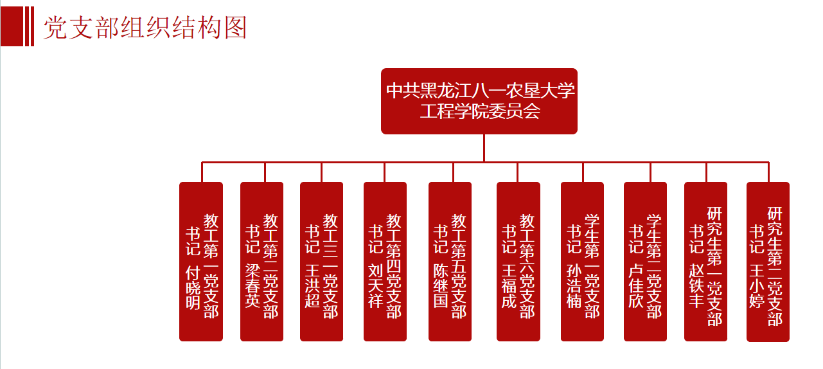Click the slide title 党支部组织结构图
pyautogui.click(x=145, y=28)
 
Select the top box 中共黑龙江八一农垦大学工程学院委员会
pyautogui.click(x=479, y=101)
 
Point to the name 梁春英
pyautogui.click(x=252, y=285)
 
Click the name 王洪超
pyautogui.click(x=312, y=285)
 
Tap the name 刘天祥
pyautogui.click(x=376, y=285)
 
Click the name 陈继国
pyautogui.click(x=441, y=285)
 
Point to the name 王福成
pyautogui.click(x=509, y=285)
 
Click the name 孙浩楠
pyautogui.click(x=574, y=285)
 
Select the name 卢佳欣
pyautogui.click(x=636, y=285)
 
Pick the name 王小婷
pyautogui.click(x=757, y=285)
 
